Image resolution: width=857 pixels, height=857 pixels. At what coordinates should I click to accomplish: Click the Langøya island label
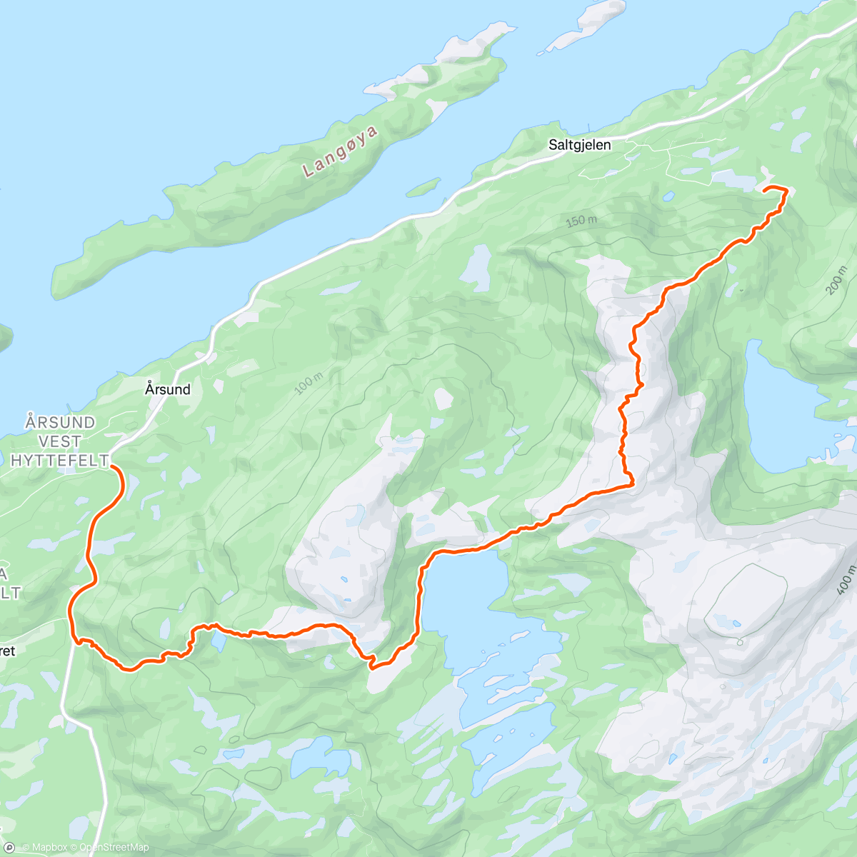pos(340,150)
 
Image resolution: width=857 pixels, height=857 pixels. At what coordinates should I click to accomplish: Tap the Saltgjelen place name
pos(579,145)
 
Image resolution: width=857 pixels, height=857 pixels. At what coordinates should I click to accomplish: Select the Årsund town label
pos(168,389)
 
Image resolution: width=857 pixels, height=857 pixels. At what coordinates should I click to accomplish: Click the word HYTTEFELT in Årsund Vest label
pos(59,461)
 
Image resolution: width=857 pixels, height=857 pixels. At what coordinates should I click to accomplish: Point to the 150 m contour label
pos(581,221)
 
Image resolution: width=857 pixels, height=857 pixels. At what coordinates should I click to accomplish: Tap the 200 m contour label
pos(835,280)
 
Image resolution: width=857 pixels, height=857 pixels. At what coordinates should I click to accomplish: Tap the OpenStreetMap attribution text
pos(114,848)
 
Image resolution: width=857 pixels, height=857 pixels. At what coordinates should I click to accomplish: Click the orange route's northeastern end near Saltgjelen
pos(766,189)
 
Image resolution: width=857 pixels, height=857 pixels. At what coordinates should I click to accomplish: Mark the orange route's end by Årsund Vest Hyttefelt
pos(112,466)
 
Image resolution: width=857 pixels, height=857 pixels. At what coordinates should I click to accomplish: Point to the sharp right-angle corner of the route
pos(632,485)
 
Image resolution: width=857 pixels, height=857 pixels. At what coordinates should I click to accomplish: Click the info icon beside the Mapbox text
pos(10,848)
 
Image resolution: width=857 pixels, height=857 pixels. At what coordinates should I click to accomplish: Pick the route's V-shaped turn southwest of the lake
pos(372,666)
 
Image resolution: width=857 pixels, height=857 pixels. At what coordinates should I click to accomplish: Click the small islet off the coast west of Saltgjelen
pos(423,187)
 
